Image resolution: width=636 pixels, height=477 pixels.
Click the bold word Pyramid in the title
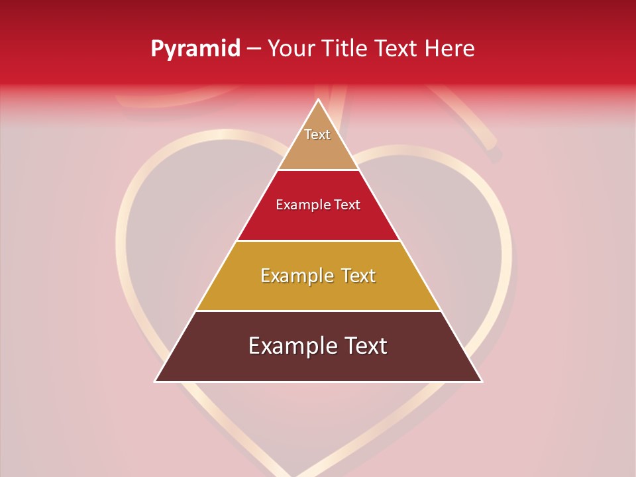195,49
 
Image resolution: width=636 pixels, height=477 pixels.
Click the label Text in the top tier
317,134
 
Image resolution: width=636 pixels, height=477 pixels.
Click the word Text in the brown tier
365,346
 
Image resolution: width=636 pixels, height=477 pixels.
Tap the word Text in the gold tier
356,276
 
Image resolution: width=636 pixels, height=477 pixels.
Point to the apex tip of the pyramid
318,100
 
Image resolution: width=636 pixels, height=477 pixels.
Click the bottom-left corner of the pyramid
156,381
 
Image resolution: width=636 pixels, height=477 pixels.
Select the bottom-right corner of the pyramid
482,381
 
